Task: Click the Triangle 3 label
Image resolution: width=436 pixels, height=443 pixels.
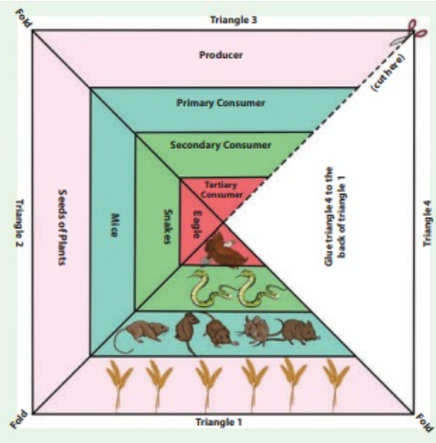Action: [233, 20]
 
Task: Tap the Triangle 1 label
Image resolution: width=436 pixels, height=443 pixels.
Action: [219, 422]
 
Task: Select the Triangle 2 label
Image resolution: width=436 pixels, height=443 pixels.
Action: [20, 223]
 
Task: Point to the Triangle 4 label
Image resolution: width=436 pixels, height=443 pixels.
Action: [427, 224]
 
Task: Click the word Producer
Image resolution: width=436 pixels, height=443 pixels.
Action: [221, 55]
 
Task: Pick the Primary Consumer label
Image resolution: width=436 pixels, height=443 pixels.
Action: [220, 103]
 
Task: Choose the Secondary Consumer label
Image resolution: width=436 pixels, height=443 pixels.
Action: [220, 146]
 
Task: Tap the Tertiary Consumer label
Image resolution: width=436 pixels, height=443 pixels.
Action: [222, 190]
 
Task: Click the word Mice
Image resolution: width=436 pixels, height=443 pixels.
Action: [114, 225]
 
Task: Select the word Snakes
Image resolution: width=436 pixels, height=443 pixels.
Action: [168, 226]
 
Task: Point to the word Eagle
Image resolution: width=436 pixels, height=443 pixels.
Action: [197, 224]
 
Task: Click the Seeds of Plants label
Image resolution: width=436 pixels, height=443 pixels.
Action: [63, 227]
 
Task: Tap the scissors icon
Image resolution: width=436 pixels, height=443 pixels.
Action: [409, 33]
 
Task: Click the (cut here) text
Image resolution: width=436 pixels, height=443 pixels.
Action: [389, 73]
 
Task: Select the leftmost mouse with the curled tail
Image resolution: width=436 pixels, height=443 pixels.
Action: [141, 336]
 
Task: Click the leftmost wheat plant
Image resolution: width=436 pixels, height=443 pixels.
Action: [119, 385]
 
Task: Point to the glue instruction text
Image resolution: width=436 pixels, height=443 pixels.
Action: [335, 216]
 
